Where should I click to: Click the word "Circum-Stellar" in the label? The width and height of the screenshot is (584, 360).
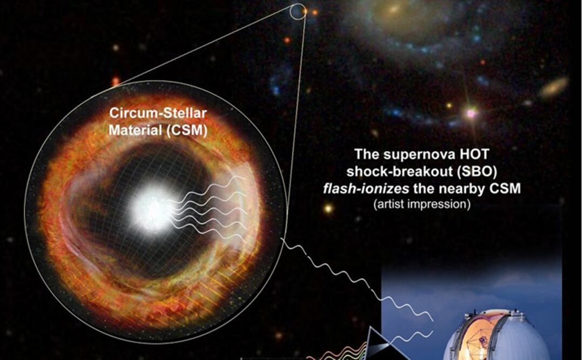pyautogui.click(x=158, y=113)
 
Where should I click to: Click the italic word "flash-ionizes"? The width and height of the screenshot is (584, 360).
pyautogui.click(x=366, y=189)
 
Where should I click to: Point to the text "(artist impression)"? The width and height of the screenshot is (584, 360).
pyautogui.click(x=422, y=204)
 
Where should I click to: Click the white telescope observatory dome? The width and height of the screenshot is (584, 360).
pyautogui.click(x=497, y=335)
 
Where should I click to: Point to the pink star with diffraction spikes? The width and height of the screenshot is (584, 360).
pyautogui.click(x=471, y=112)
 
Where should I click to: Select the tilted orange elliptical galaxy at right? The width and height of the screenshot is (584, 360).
pyautogui.click(x=554, y=86)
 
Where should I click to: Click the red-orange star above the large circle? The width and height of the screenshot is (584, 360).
pyautogui.click(x=116, y=81)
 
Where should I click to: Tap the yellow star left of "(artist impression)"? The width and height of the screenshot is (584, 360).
pyautogui.click(x=328, y=208)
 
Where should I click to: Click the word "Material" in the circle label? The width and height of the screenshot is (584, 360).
pyautogui.click(x=136, y=130)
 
